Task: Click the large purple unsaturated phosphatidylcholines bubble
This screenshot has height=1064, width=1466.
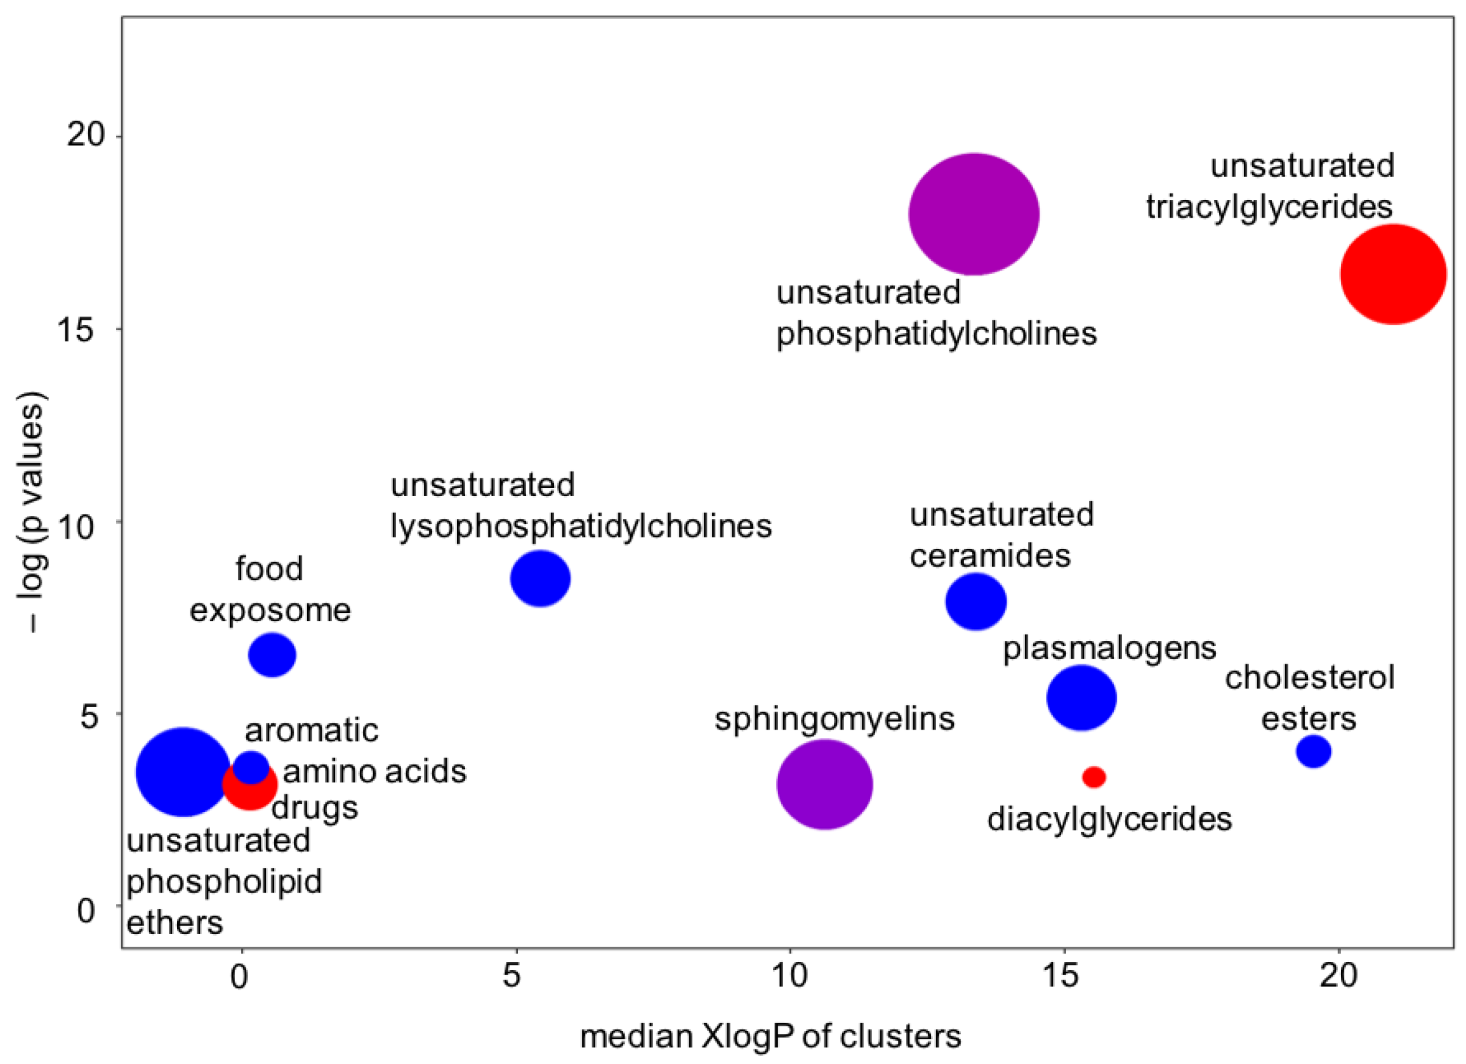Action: point(974,214)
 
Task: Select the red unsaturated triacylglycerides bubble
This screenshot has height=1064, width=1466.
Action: point(1393,274)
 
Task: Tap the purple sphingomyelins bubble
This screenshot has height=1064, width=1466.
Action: point(824,784)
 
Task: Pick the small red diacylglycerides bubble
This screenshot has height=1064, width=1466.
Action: point(1093,777)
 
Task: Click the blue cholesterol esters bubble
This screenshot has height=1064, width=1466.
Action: point(1314,751)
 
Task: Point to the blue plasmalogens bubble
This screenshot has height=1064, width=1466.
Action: point(1081,698)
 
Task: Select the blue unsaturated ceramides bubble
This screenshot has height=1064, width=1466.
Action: point(975,601)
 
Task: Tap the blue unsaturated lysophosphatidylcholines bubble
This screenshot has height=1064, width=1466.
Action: point(539,578)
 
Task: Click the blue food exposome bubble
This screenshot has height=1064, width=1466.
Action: point(272,655)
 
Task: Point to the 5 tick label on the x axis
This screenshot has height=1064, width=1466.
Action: point(512,976)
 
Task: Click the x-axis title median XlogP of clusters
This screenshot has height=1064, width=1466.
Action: point(770,1036)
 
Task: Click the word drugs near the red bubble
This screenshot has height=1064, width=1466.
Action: point(315,808)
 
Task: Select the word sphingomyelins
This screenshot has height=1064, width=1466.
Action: point(834,718)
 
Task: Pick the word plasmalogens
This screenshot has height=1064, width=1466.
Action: point(1109,648)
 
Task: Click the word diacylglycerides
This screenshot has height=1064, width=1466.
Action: point(1109,819)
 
